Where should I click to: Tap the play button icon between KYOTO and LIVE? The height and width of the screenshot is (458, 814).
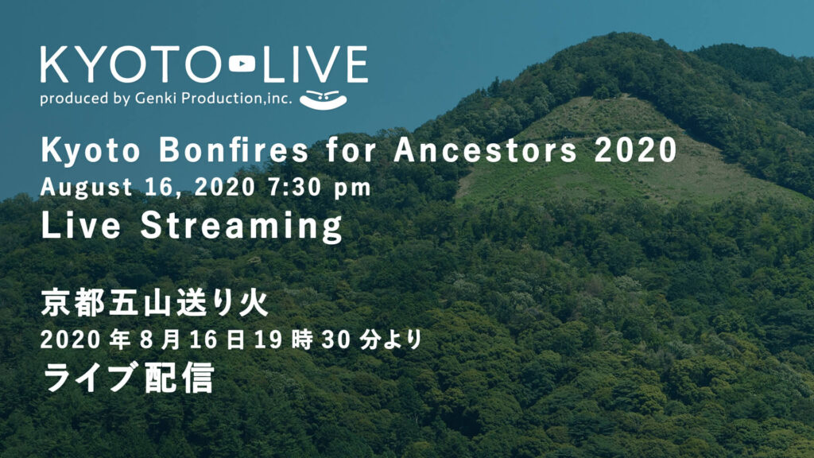pos(242,64)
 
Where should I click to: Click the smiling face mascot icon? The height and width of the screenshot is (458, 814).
pos(324,99)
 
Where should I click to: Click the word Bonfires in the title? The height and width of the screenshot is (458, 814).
pos(234,150)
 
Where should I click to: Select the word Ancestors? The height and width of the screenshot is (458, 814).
pos(485,150)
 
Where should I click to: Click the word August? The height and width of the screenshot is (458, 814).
pos(86,188)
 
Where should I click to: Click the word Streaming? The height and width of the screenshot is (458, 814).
pos(242,227)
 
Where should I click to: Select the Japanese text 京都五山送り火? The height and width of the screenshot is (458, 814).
pos(155,303)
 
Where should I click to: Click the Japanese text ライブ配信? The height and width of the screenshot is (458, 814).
pos(128,378)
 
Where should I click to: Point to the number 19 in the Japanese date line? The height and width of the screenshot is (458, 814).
pos(269,340)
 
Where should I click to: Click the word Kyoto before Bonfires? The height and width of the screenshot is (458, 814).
pos(91,151)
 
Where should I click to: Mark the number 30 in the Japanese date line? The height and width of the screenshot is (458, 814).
pos(336,340)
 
